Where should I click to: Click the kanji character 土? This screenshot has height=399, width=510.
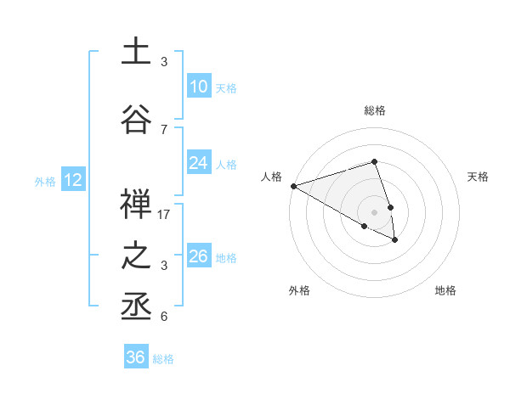pos(136,51)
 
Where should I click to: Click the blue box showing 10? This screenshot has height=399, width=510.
pos(198,87)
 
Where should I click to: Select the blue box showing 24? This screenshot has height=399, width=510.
pos(198,164)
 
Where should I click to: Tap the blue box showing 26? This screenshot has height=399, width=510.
pos(198,256)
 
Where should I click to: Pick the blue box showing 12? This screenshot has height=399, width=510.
pos(72,180)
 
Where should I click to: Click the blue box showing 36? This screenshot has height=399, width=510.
pos(136,357)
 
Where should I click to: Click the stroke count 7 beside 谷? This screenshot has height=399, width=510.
pos(164,129)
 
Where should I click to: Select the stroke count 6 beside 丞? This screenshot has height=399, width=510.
pos(164,317)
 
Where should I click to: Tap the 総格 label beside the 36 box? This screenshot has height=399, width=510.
pos(164,359)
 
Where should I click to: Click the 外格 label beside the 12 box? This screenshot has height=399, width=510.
pos(45,181)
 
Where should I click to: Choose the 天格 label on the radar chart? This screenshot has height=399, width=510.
pos(478,177)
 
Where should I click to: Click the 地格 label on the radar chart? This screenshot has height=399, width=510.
pos(445,291)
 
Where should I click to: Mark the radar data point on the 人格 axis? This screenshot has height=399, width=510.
pos(293,186)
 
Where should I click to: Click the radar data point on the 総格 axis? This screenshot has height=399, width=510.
pos(374,161)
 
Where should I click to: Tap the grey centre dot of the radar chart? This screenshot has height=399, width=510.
pos(374,212)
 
